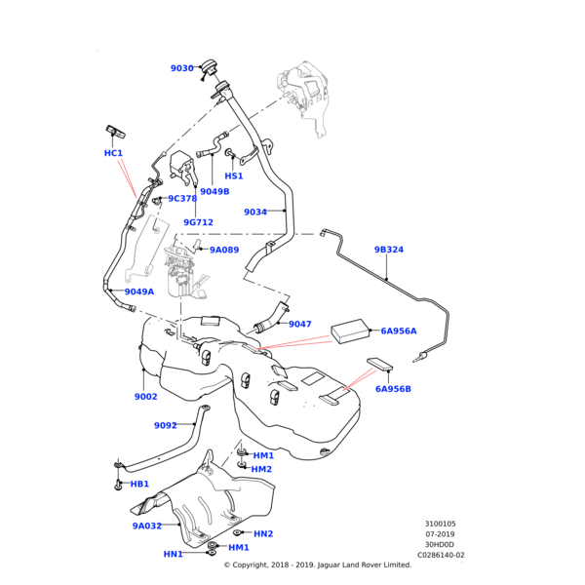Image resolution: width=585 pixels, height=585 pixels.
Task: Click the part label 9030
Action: [x=181, y=68]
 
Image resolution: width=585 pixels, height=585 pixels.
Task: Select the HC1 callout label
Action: [x=113, y=153]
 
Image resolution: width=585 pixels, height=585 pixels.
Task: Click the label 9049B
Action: [x=214, y=192]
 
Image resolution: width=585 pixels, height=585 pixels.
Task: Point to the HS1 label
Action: [x=234, y=176]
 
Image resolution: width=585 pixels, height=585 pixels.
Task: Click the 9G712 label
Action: [x=198, y=222]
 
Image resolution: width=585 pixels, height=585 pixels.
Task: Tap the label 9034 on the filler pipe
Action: [x=255, y=212]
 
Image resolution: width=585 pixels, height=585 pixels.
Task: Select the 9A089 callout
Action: [x=224, y=250]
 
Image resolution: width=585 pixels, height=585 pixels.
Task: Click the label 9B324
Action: [x=389, y=250]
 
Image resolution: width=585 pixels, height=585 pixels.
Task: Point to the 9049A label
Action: [x=139, y=292]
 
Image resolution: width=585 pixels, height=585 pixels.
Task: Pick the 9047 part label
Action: [x=300, y=324]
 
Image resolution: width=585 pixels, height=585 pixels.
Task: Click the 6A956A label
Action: [x=399, y=331]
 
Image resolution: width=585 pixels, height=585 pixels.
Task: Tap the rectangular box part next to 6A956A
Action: [x=351, y=331]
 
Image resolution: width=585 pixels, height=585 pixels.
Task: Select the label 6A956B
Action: [x=394, y=389]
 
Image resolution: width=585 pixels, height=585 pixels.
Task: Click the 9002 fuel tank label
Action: [x=146, y=397]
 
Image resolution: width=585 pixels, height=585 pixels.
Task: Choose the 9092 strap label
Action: [x=166, y=425]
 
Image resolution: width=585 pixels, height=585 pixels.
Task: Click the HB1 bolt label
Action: [x=139, y=484]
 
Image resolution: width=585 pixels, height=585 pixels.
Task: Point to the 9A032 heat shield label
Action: [x=147, y=526]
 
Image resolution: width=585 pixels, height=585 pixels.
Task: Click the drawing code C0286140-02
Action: [x=441, y=556]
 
